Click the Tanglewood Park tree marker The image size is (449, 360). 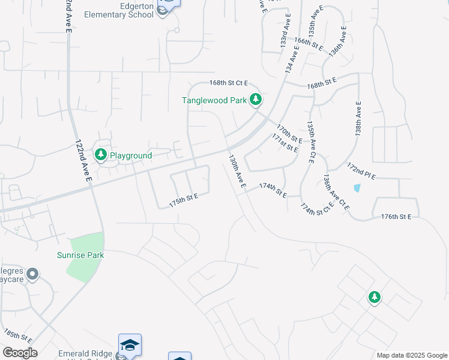coord(256,99)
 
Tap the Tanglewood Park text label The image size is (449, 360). coord(214,101)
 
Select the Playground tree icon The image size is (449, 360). coord(101,155)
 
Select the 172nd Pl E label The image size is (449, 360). coord(361,170)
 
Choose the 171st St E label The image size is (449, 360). coord(285,143)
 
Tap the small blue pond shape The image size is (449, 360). coord(358,187)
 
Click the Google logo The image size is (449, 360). coord(20,353)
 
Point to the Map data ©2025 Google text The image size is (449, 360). coord(412,355)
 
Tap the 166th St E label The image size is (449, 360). coord(309,44)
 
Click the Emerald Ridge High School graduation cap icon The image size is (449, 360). coord(130,344)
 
